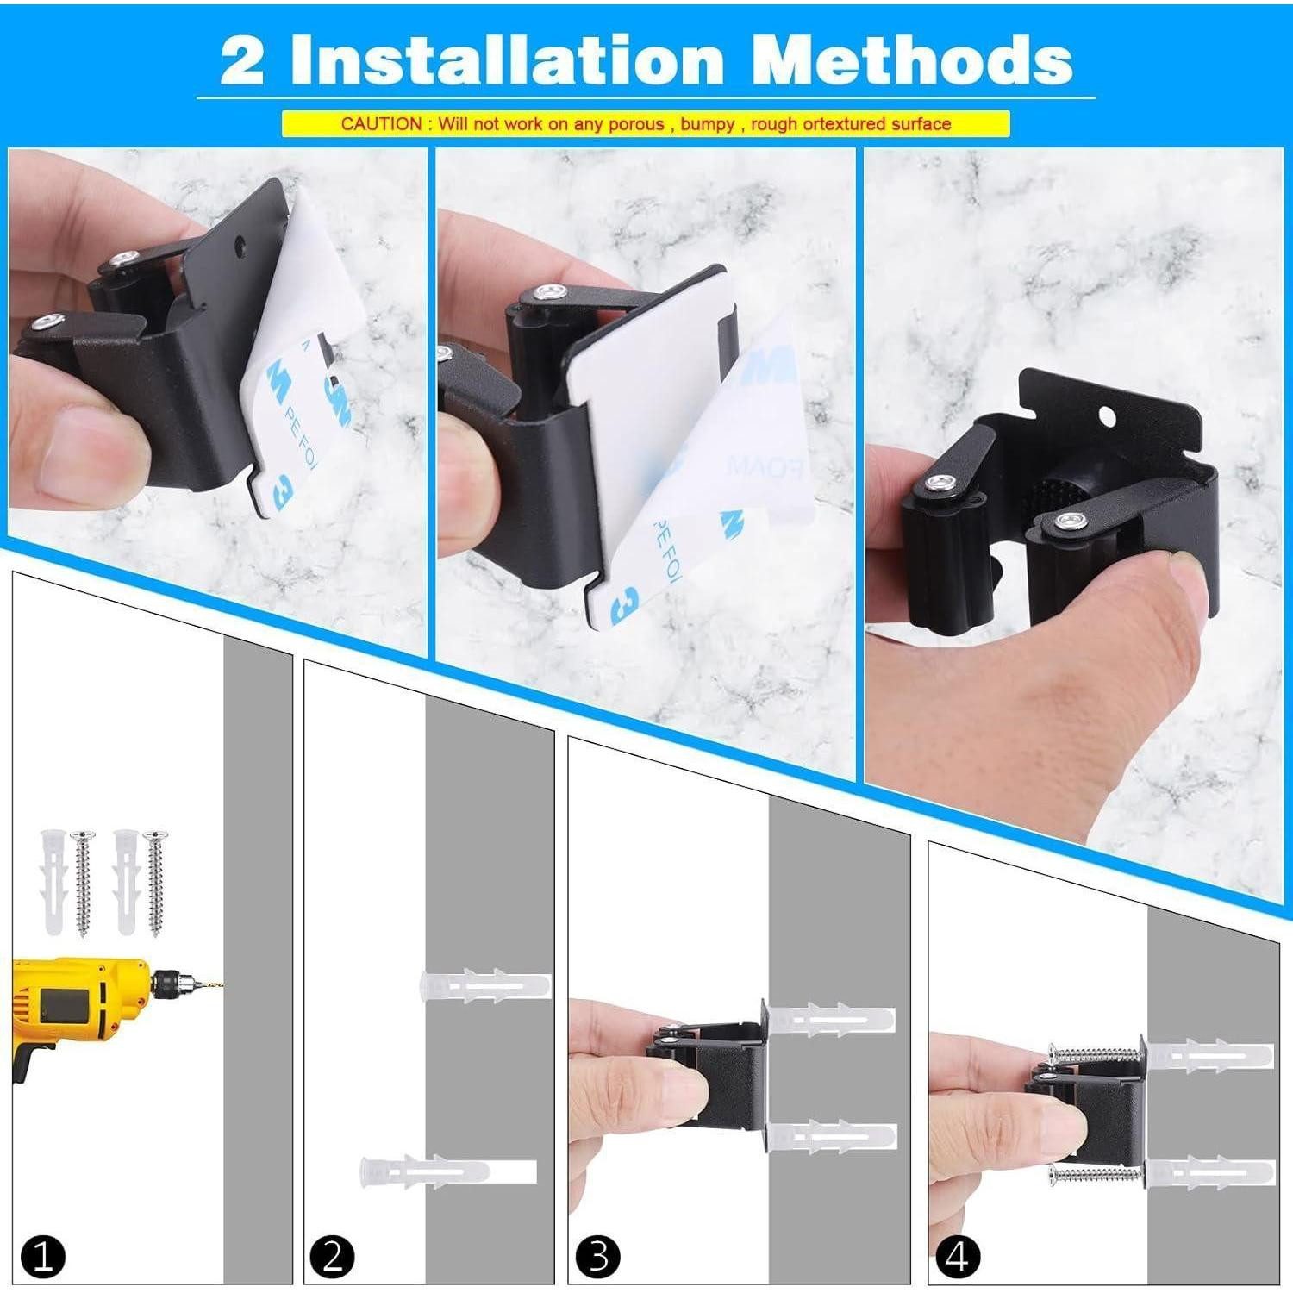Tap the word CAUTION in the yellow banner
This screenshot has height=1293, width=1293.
pyautogui.click(x=380, y=123)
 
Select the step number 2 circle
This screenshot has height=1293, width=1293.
pyautogui.click(x=333, y=1256)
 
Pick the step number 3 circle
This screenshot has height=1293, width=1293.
pyautogui.click(x=597, y=1256)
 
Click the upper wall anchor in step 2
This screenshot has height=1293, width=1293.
pyautogui.click(x=485, y=985)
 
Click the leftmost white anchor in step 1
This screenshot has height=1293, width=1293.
pyautogui.click(x=52, y=884)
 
